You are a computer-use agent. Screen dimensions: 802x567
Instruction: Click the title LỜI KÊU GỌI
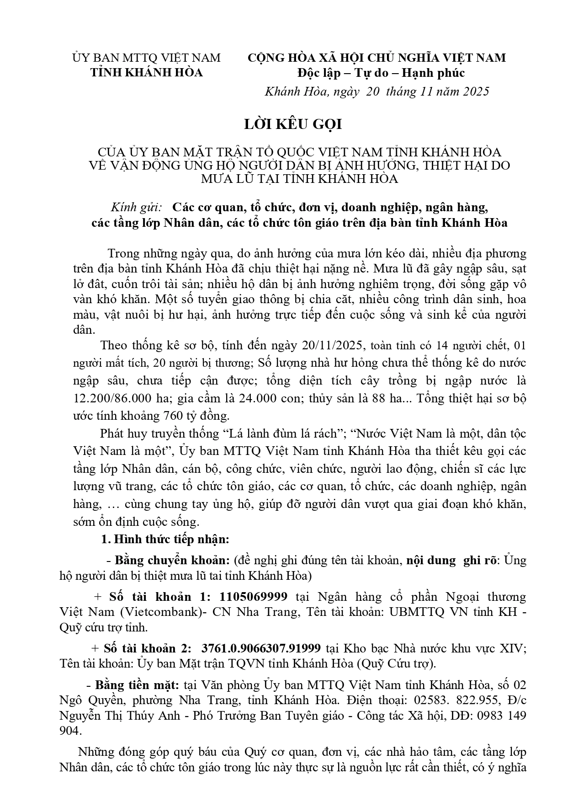click(x=293, y=124)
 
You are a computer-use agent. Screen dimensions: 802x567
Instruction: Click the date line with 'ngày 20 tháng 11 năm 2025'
click(x=377, y=91)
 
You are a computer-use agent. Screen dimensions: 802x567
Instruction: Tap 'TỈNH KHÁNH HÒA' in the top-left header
click(x=147, y=73)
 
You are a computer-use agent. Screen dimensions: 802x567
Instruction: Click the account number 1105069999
click(x=254, y=597)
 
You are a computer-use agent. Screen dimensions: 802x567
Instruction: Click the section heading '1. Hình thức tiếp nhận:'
click(x=165, y=539)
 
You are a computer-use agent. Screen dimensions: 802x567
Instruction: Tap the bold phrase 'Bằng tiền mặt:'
click(x=137, y=685)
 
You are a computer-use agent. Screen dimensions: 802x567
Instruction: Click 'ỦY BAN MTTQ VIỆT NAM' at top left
click(x=147, y=58)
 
